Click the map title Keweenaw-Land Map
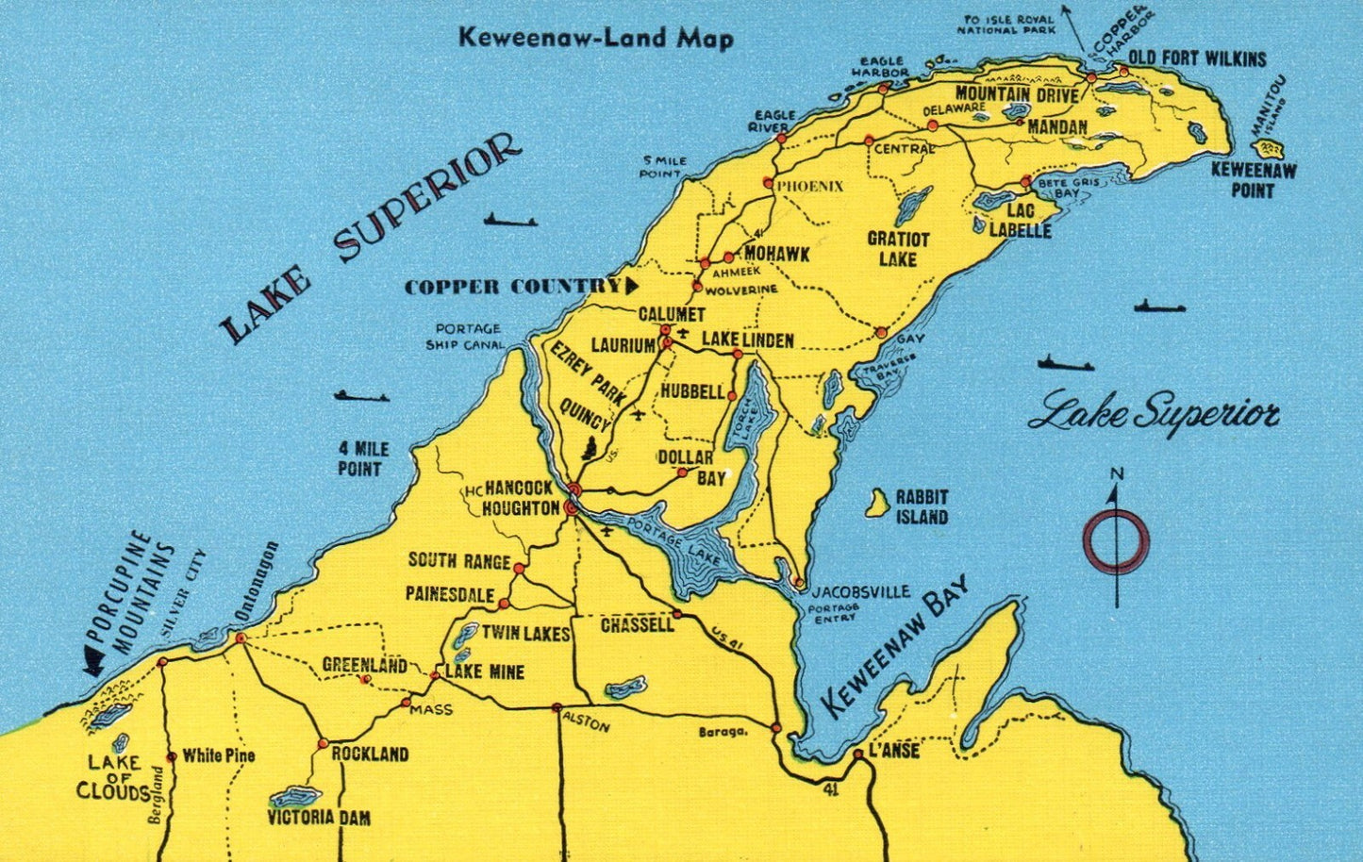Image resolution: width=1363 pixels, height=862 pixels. (595, 38)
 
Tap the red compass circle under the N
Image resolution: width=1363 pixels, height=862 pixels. (1116, 541)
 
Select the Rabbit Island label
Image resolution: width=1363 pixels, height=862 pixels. (922, 506)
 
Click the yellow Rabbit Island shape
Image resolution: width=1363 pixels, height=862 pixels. (878, 503)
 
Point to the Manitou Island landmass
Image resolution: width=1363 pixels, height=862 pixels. (1269, 149)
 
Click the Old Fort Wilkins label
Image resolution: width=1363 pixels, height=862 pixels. (1197, 59)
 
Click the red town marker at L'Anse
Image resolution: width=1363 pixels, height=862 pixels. (857, 754)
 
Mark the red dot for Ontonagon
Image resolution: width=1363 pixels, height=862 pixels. (241, 638)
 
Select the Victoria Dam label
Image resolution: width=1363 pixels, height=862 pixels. (319, 818)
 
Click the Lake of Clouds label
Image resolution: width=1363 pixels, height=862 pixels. (113, 777)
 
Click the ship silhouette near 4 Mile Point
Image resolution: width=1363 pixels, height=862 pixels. (361, 396)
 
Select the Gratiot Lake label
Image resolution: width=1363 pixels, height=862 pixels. (898, 249)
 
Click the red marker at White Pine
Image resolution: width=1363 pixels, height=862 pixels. (172, 756)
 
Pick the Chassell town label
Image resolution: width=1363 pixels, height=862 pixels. (638, 624)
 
